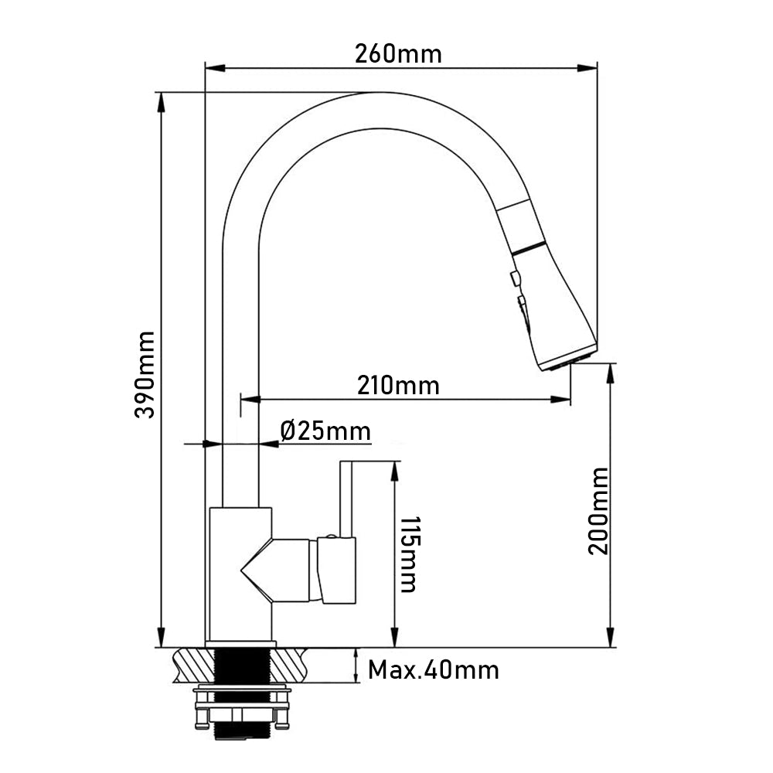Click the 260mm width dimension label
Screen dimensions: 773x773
(x=398, y=54)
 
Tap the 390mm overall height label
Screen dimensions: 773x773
(x=145, y=375)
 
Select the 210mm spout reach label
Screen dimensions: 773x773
(x=398, y=385)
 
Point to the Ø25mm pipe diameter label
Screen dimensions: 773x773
(x=325, y=431)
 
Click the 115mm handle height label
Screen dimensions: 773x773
(x=409, y=554)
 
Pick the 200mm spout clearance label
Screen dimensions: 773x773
(x=599, y=511)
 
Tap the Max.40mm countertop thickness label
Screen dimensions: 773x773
(x=434, y=670)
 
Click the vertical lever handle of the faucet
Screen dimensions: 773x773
(x=346, y=499)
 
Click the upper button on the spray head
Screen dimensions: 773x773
(x=516, y=278)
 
